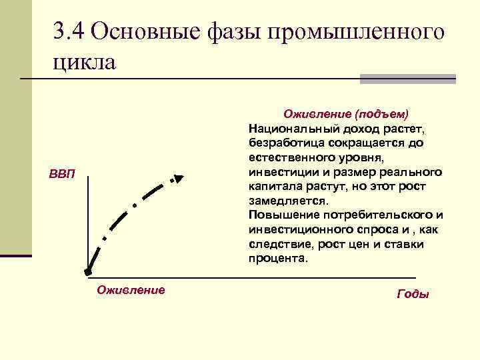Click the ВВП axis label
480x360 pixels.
(63, 175)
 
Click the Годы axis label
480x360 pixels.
(413, 294)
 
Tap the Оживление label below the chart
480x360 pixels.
(131, 290)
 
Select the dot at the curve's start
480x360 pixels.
(87, 272)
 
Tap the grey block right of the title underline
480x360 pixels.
(407, 79)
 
